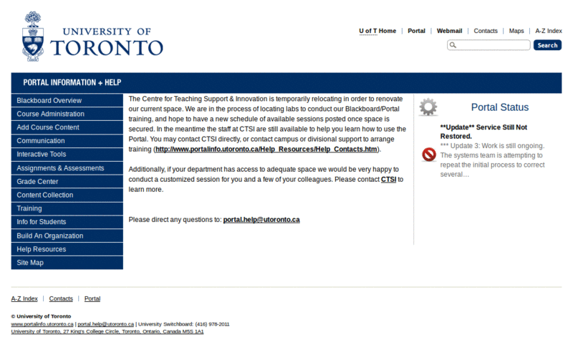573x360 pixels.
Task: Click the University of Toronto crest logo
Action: click(x=32, y=35)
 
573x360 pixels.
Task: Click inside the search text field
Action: click(x=493, y=45)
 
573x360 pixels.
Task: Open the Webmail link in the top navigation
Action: click(x=449, y=31)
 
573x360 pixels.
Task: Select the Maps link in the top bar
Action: click(x=516, y=31)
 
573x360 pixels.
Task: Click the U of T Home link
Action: click(x=377, y=31)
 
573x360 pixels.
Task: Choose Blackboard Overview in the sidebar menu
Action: click(x=67, y=100)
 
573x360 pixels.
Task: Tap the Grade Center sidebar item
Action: click(x=67, y=182)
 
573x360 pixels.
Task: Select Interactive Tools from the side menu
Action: click(x=67, y=155)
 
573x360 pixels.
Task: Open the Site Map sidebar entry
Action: click(x=67, y=263)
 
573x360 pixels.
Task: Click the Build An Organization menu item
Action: click(x=67, y=235)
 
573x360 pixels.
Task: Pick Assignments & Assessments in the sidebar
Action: click(x=67, y=168)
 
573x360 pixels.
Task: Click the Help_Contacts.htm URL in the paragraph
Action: click(x=266, y=150)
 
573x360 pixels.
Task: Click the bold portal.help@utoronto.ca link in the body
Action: click(x=261, y=220)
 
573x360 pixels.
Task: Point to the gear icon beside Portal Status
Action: click(x=428, y=107)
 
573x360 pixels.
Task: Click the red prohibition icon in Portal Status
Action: click(x=429, y=155)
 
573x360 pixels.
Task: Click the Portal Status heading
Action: click(x=499, y=107)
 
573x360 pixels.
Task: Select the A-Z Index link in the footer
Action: click(x=24, y=298)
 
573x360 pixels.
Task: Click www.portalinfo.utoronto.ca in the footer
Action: click(x=42, y=324)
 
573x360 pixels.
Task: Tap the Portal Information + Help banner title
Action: click(x=72, y=82)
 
